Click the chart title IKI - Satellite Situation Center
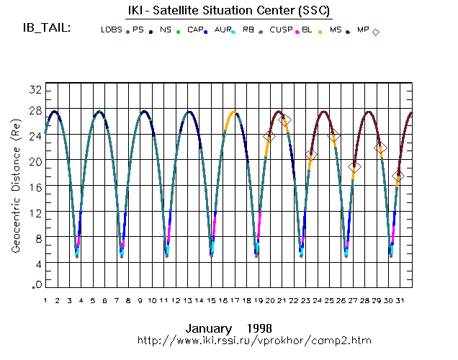(x=229, y=9)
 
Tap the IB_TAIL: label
(x=48, y=29)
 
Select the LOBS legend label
(x=111, y=30)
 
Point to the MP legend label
(x=363, y=30)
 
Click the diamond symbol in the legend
(x=376, y=32)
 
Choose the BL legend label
(x=307, y=30)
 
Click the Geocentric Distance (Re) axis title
(x=16, y=186)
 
